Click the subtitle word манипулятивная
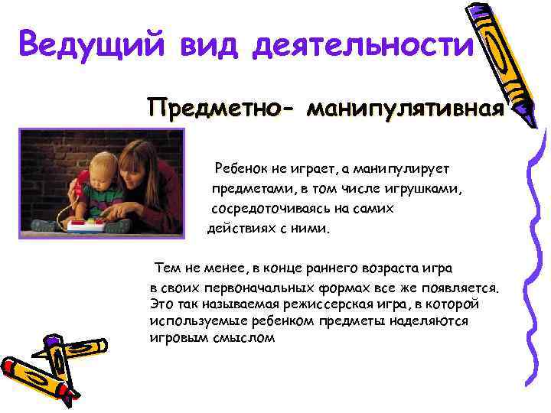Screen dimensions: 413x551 pos(405,109)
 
